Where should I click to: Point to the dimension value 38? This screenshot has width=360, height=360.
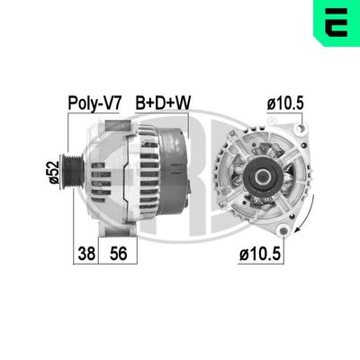(85, 255)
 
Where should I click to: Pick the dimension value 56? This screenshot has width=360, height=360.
(117, 255)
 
